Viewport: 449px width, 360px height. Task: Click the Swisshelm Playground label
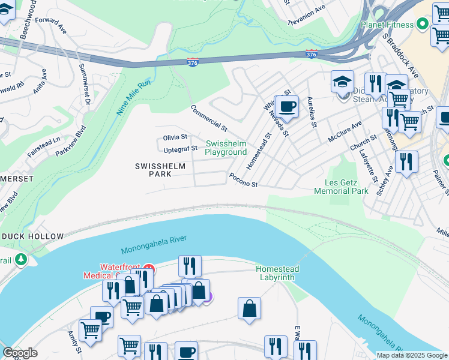(226, 148)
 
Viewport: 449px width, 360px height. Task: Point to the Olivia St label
(175, 137)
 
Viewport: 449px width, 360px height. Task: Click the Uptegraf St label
(180, 148)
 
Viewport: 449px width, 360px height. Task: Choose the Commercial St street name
(209, 118)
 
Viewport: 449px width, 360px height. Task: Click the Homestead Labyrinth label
(277, 273)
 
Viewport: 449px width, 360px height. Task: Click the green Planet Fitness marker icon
(422, 25)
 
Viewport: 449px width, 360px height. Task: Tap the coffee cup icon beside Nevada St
(287, 107)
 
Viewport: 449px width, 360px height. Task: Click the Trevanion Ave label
(306, 14)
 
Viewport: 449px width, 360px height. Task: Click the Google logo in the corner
(20, 353)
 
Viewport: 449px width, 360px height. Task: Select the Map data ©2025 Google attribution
(411, 355)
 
